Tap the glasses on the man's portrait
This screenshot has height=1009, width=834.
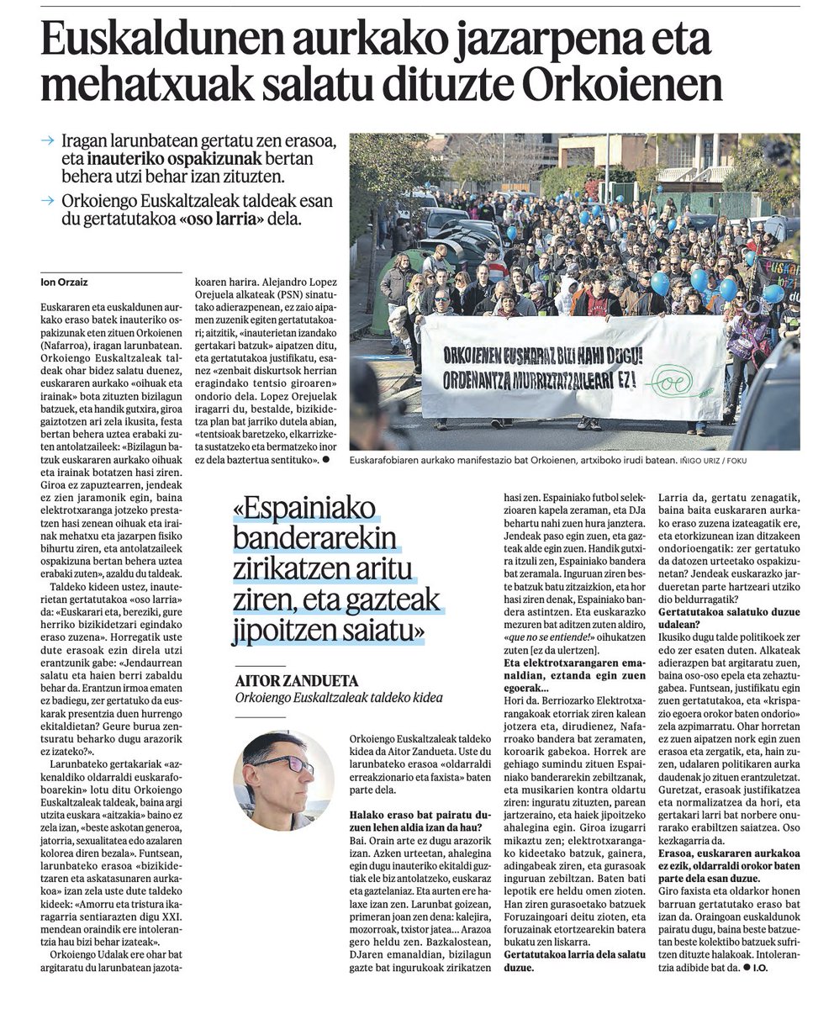pyautogui.click(x=288, y=764)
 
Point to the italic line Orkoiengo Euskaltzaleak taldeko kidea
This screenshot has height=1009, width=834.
pyautogui.click(x=338, y=698)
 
